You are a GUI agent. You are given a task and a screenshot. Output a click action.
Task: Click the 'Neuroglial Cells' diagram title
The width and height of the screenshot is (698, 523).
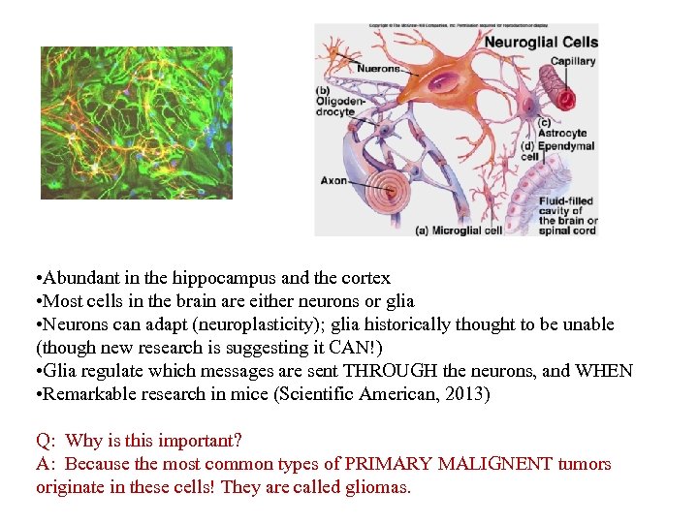coord(541,42)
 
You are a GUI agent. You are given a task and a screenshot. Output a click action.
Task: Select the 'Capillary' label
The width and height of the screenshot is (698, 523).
coord(573,61)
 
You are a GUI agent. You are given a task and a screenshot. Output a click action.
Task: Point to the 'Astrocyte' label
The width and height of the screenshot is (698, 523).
coord(563,133)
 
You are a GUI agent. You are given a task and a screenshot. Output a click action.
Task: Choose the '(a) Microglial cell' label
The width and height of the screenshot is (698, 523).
coord(459,231)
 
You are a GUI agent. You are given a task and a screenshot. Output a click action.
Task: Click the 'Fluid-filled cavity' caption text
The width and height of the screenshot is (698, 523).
coord(568,210)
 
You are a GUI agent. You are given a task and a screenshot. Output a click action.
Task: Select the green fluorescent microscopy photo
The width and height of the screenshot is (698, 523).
coord(137,123)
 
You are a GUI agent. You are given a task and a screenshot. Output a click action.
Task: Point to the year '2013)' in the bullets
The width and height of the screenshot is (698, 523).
coord(469,394)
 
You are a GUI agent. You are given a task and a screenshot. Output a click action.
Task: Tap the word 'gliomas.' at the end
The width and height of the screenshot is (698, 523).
coord(378,487)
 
